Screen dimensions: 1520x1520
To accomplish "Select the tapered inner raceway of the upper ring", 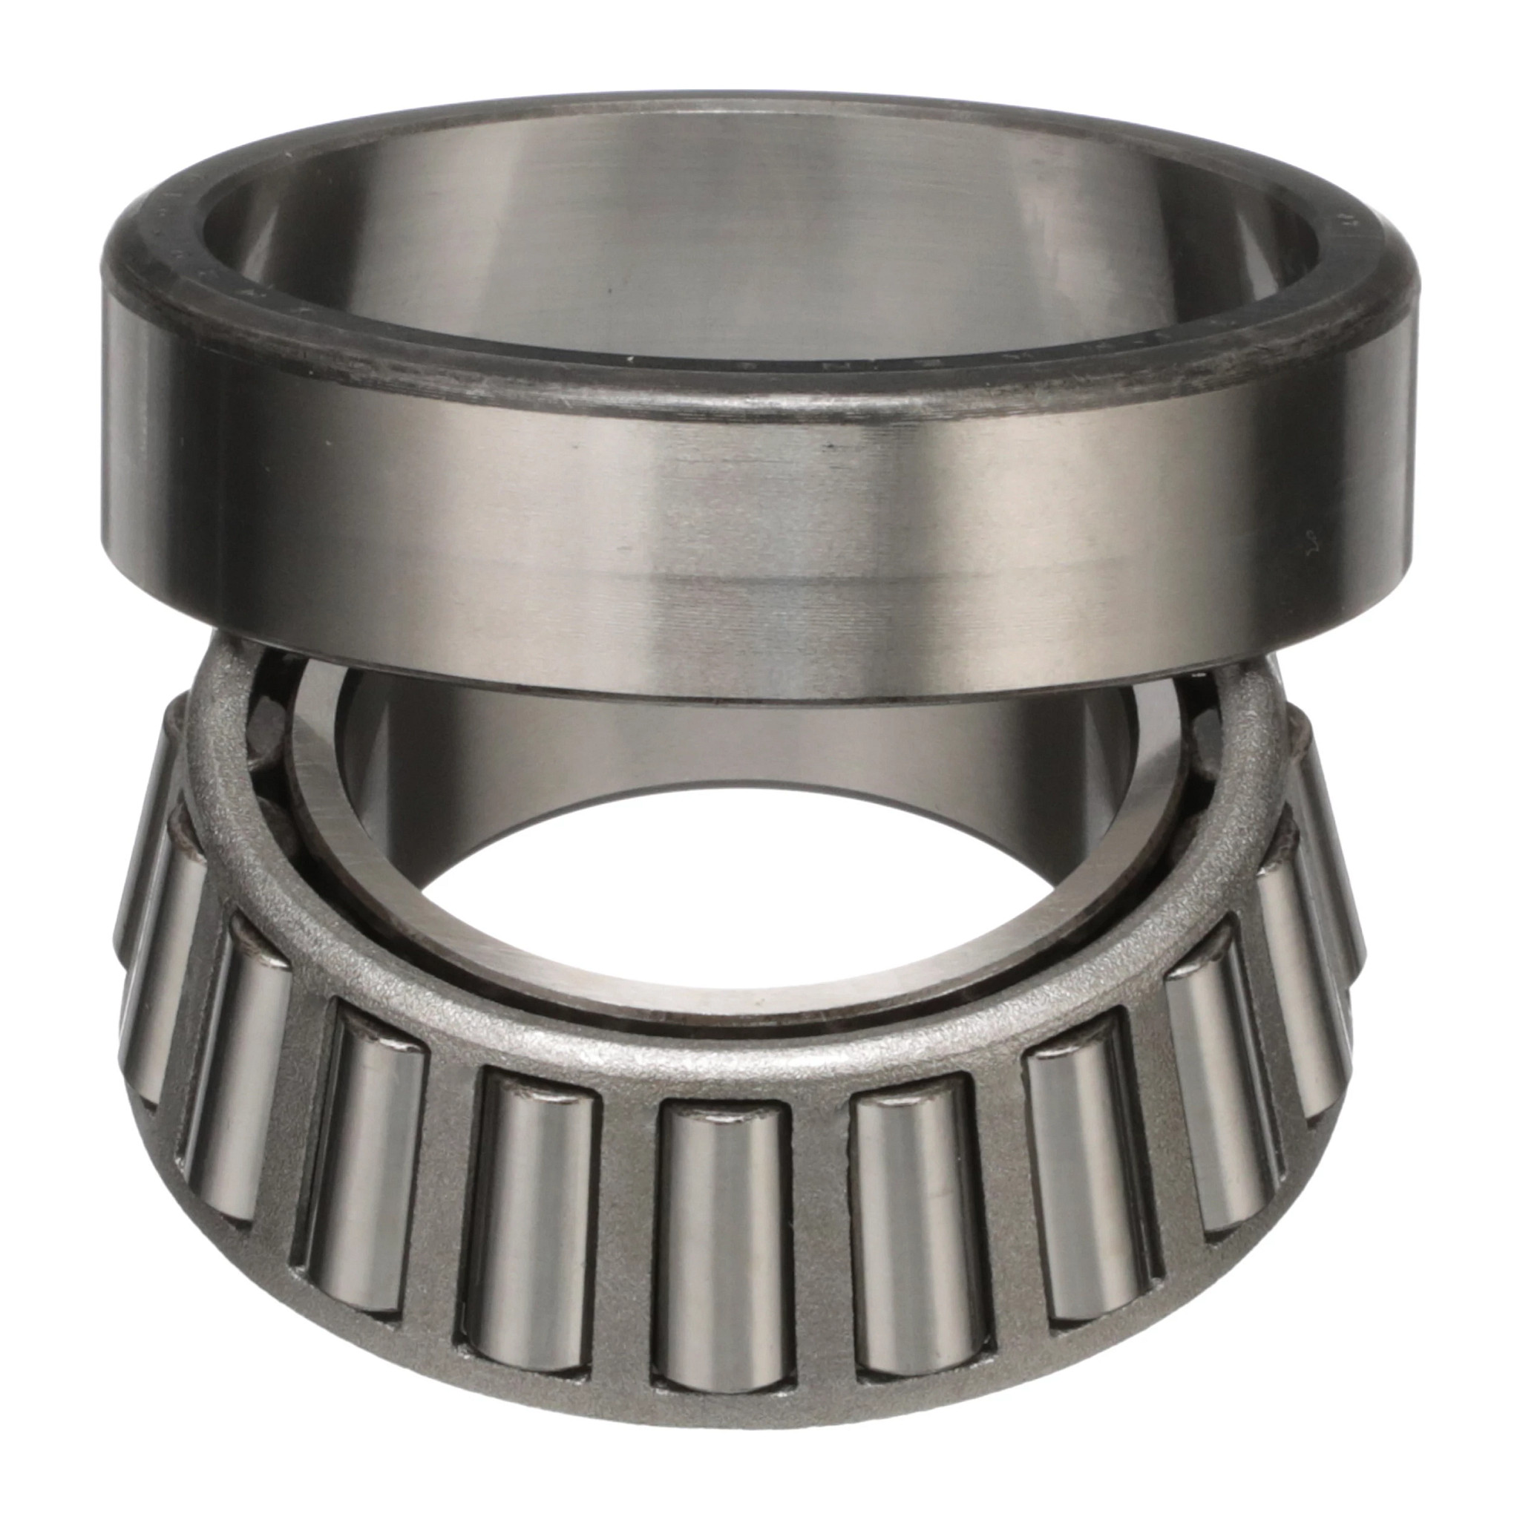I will [x=708, y=236].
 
